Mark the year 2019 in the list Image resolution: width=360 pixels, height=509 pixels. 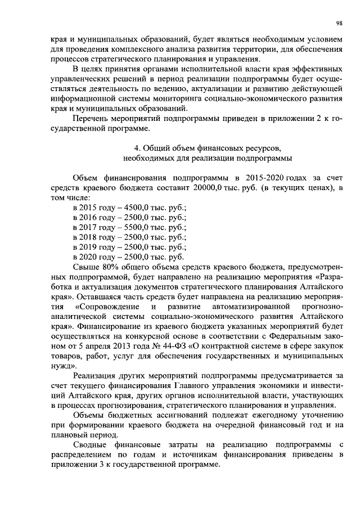(92, 247)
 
